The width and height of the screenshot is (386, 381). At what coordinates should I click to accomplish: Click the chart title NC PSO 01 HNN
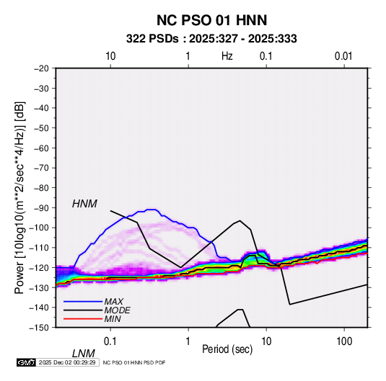click(211, 20)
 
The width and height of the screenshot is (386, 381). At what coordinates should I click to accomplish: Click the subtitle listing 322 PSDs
click(211, 39)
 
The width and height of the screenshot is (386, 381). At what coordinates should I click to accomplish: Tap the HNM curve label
click(84, 204)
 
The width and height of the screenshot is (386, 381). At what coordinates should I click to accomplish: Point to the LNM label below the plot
click(83, 354)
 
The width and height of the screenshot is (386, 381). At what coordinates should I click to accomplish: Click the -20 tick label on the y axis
click(41, 68)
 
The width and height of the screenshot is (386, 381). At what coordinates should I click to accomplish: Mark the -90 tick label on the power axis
click(41, 208)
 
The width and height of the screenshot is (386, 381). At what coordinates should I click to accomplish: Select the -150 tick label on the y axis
click(39, 328)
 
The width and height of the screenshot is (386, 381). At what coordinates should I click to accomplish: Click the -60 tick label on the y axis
click(41, 148)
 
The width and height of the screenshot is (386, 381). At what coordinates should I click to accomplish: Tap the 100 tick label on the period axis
click(344, 341)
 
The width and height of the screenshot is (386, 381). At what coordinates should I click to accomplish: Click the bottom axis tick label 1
click(188, 341)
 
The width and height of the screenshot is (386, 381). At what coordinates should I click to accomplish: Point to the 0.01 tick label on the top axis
click(343, 56)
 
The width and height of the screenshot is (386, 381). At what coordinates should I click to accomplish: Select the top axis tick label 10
click(110, 56)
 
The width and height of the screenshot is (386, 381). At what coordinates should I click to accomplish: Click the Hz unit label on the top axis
click(227, 56)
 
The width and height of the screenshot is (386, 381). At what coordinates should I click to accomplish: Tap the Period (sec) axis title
click(227, 349)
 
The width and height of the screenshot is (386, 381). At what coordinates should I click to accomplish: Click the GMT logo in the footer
click(26, 362)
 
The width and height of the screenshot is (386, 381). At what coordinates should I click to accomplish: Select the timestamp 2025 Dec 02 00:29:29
click(67, 362)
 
